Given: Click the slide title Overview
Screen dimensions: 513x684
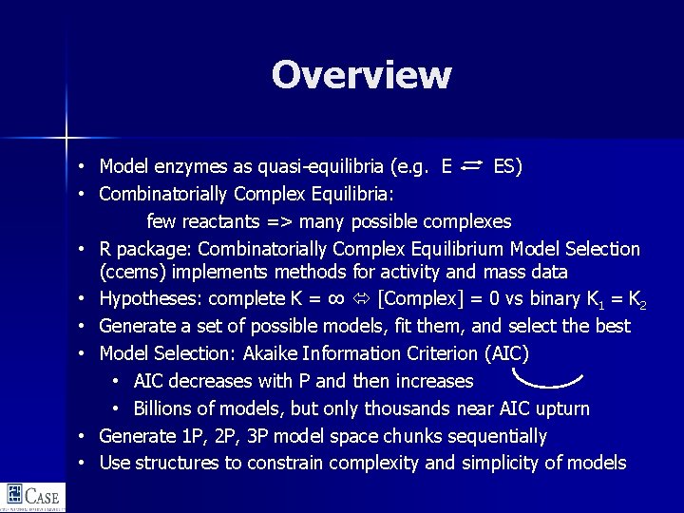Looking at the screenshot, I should tap(361, 75).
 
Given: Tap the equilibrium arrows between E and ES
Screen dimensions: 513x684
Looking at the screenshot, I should tap(473, 166).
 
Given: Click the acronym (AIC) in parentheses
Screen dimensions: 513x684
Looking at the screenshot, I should tap(506, 353).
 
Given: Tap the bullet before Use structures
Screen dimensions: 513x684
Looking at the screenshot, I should tap(84, 464).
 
